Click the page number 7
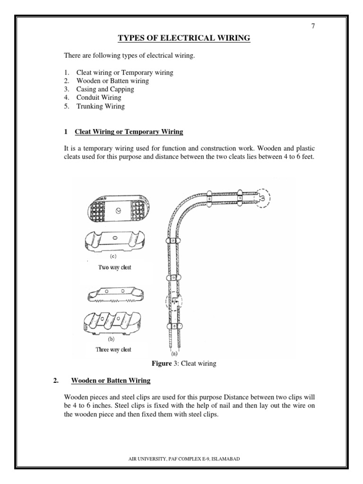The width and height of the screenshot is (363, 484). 312,26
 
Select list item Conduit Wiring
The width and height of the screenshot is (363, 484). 98,98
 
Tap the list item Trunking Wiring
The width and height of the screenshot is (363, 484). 100,106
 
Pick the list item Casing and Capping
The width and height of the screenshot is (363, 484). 105,89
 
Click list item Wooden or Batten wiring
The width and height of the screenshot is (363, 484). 112,81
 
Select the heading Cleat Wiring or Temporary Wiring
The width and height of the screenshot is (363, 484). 129,132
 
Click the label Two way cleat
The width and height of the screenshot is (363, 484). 114,268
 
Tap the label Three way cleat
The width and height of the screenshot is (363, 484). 113,350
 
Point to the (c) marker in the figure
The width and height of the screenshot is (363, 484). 113,257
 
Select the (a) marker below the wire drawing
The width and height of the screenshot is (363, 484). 174,353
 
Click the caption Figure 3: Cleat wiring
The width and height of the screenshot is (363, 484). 183,363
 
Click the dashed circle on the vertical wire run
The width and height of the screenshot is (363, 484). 173,301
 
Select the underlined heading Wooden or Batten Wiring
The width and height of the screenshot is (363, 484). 110,380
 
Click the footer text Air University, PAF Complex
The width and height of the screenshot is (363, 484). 181,458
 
